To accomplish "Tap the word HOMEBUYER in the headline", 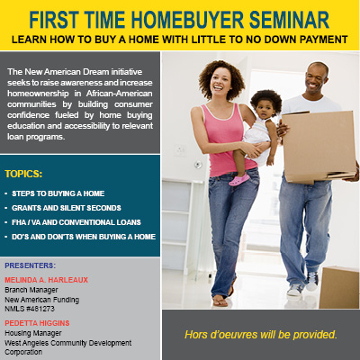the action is tap(187, 20).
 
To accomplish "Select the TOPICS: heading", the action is tap(23, 174).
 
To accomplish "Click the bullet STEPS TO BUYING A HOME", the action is tap(58, 193).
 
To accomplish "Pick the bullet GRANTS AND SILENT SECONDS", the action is tap(67, 208).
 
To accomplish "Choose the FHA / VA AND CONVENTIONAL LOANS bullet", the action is tap(76, 222).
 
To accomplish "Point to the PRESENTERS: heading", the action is tap(30, 265).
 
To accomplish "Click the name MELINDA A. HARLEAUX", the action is tap(46, 280).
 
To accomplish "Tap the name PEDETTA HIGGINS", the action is tap(37, 323).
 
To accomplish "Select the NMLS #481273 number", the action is tap(30, 309).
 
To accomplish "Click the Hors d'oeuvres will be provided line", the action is tap(261, 335).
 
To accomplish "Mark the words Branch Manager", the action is tap(31, 290).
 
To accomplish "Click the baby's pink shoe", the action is tap(239, 179).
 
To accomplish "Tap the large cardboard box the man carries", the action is tap(319, 146).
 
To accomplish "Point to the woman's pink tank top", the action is tap(226, 140).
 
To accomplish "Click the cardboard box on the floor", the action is tap(339, 287).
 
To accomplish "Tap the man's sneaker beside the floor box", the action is tap(312, 283).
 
